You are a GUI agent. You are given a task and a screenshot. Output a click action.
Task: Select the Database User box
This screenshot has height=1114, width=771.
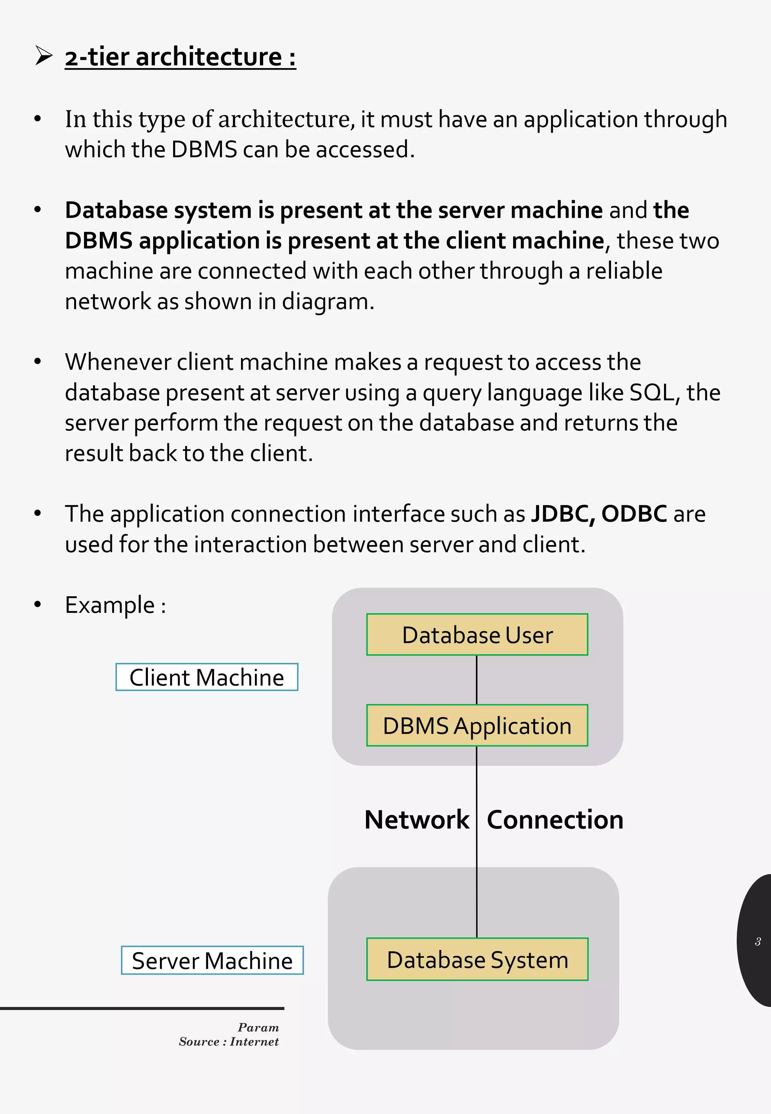477,634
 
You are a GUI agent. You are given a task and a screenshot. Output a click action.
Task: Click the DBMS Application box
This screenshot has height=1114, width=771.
477,725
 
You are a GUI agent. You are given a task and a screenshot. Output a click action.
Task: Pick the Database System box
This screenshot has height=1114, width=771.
477,959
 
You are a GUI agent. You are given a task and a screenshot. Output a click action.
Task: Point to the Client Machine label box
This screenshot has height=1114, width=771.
207,677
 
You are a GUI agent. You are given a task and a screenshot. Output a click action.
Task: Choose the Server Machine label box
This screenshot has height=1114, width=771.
212,960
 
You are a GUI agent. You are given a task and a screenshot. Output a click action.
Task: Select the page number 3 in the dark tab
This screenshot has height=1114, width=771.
757,941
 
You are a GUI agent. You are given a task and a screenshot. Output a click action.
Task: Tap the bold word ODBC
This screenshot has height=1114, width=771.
634,514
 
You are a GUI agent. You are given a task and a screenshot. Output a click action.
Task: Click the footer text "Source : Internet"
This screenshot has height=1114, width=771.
229,1042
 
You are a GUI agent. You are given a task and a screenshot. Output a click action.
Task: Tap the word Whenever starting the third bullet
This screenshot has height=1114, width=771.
118,362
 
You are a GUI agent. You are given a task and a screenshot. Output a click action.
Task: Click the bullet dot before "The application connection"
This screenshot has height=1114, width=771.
38,513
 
